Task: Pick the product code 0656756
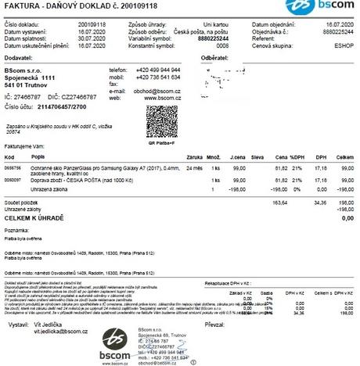click(x=13, y=168)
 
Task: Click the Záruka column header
click(x=196, y=158)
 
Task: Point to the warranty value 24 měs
click(x=196, y=168)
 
